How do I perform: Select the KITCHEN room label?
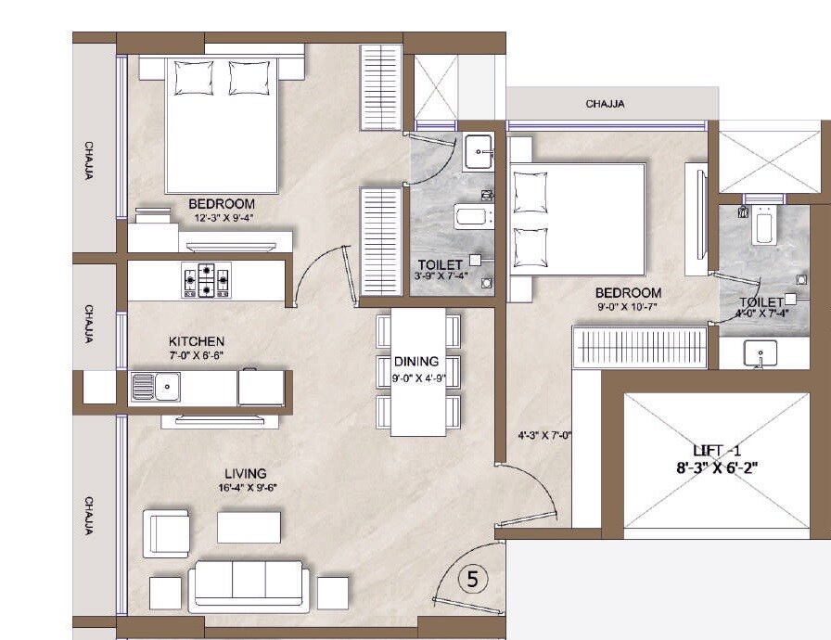coord(196,341)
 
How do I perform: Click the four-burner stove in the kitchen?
coord(206,279)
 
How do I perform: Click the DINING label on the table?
coord(415,362)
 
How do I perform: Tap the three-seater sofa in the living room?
coord(249,584)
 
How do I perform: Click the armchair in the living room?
coord(167,532)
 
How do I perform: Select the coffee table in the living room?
coord(249,527)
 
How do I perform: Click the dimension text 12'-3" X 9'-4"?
coord(224,218)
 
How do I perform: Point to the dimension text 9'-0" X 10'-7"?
coord(628,307)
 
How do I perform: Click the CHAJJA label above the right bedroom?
coord(605,104)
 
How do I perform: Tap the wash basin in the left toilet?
coord(479,148)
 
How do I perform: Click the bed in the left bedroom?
coord(222,125)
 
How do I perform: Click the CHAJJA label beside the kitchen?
coord(89,324)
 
